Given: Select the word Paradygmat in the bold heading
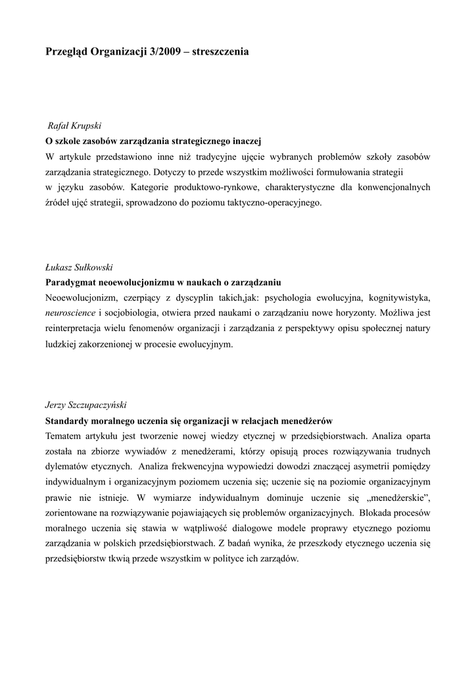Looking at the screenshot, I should (x=70, y=282).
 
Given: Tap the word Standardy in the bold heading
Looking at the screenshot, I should (x=68, y=420).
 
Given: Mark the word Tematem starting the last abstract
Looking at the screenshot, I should (x=66, y=435).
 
